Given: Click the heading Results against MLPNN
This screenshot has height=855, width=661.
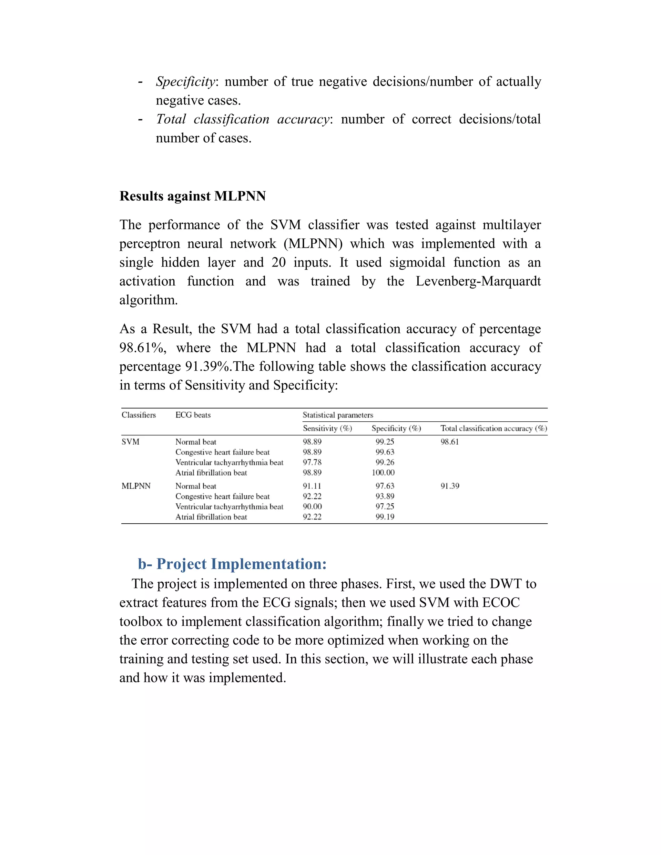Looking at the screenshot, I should (192, 196).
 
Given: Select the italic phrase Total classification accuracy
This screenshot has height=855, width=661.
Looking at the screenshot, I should (243, 119).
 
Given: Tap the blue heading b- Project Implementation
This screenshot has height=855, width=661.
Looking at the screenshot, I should (232, 564).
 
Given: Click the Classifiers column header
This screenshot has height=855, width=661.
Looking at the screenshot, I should (138, 415).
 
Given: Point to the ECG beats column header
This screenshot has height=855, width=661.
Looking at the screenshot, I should (193, 415).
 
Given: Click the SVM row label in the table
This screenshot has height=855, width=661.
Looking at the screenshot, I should (130, 442).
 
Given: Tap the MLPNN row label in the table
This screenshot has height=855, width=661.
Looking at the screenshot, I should (136, 486).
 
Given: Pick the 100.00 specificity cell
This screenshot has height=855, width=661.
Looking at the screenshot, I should (383, 473).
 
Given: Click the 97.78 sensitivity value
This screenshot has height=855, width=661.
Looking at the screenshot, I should (312, 462).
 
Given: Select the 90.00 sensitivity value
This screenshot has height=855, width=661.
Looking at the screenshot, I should (312, 507).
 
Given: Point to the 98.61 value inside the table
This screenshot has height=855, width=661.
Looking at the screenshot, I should (450, 442).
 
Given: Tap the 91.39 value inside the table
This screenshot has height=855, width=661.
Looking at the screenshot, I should (450, 486).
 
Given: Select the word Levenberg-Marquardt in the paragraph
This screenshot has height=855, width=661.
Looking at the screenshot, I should (478, 281).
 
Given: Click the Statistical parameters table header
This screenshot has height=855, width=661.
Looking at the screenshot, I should (338, 415).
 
